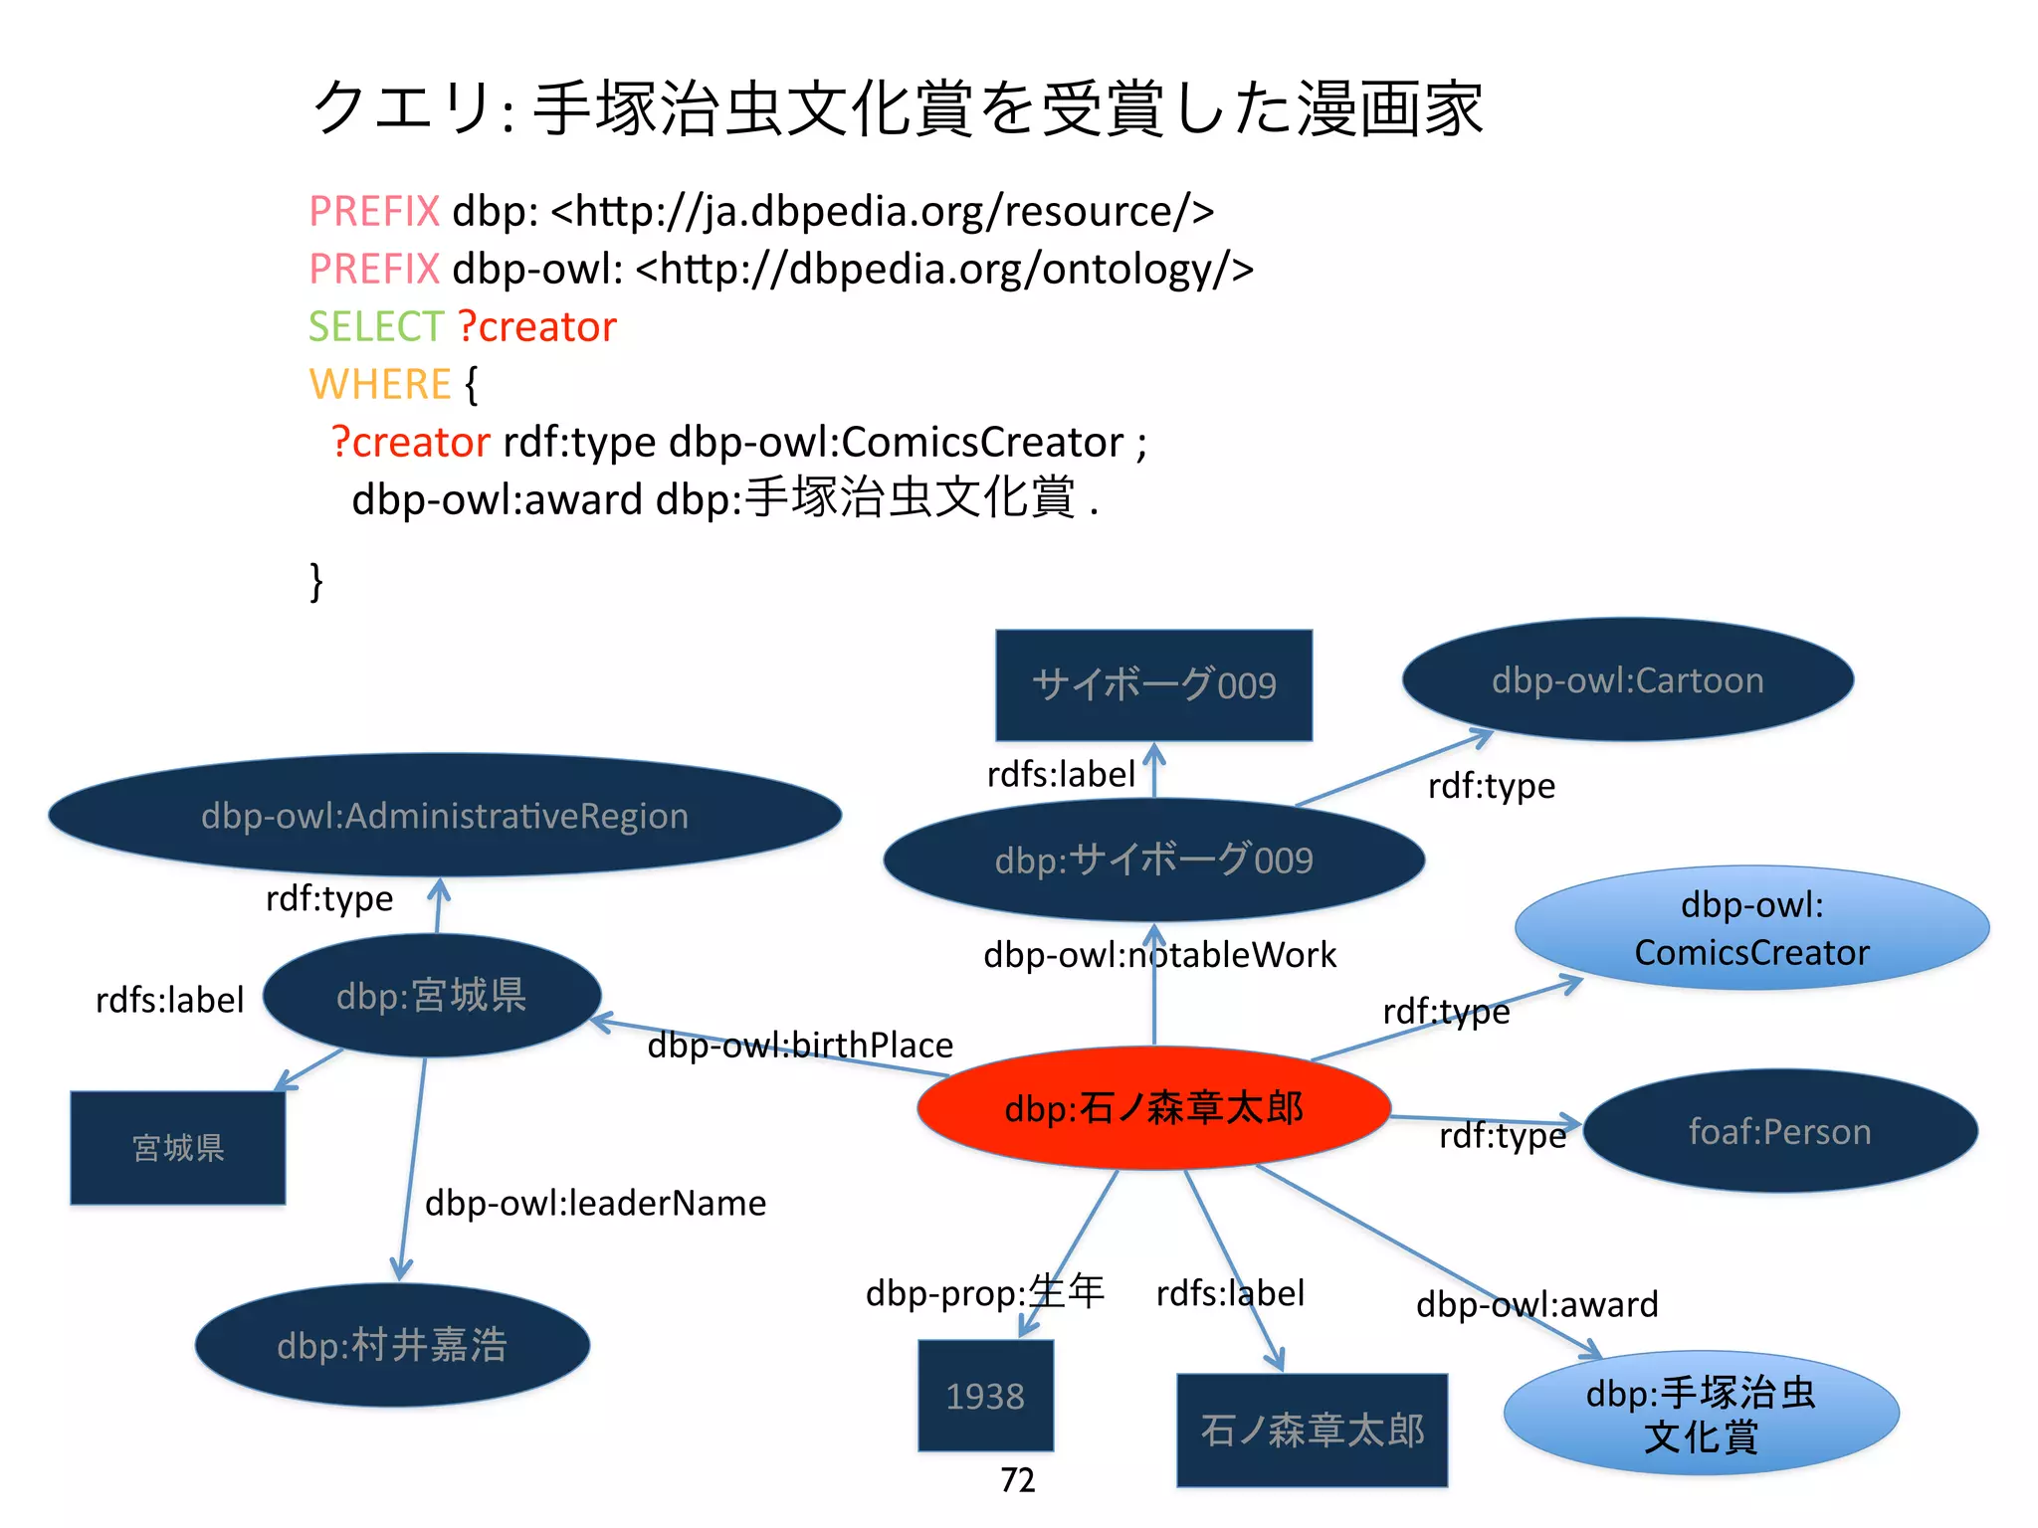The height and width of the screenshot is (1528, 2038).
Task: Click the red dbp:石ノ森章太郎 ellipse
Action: click(1152, 1107)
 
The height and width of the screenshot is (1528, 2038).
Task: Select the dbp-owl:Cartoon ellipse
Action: click(1627, 680)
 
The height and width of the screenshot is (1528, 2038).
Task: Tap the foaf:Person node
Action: click(1779, 1131)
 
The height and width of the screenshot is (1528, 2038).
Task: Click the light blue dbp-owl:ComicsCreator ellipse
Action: click(1751, 928)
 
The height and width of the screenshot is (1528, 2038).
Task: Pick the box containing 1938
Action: click(985, 1396)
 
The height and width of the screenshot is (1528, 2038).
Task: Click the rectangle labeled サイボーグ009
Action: click(1153, 685)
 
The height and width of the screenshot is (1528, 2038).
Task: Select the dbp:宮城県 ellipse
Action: click(431, 996)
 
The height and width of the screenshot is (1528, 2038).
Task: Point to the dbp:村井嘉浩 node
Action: click(392, 1345)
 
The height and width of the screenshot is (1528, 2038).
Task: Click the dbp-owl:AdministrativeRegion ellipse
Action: click(445, 816)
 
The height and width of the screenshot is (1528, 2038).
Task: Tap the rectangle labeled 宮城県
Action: click(178, 1148)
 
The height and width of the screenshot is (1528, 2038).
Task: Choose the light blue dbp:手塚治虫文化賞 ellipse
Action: click(1701, 1414)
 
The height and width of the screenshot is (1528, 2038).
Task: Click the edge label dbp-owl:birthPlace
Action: click(800, 1046)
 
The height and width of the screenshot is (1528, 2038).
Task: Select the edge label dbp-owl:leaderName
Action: click(595, 1204)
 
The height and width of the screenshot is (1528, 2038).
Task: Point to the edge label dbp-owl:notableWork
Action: click(1159, 955)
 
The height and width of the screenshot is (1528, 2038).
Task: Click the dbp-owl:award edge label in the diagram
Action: click(1536, 1304)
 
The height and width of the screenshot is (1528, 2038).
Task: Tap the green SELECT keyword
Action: click(375, 327)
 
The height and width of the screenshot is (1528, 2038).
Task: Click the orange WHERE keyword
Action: click(380, 385)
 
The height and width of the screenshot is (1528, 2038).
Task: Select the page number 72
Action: click(1017, 1480)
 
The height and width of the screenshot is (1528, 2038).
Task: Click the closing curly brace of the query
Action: click(316, 581)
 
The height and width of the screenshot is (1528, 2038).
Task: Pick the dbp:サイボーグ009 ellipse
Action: click(1153, 860)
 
